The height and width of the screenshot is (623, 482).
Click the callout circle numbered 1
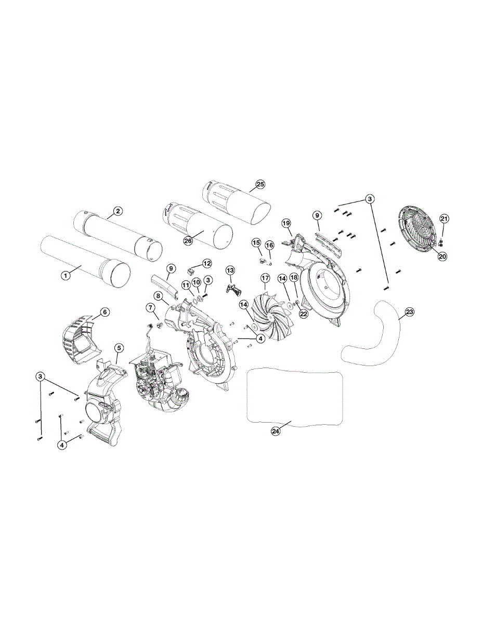pos(66,276)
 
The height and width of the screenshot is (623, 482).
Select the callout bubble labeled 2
pos(118,211)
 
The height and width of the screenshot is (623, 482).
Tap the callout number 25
pos(260,184)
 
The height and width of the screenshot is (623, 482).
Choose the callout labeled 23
pos(410,311)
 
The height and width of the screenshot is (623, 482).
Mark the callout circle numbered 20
pos(442,256)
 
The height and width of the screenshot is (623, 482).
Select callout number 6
pos(105,312)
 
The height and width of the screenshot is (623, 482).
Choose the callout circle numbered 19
pos(286,223)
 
